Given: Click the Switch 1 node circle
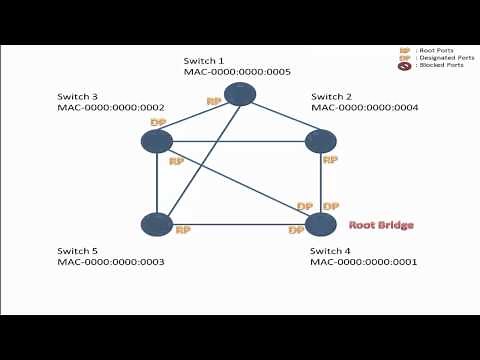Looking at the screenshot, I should coord(240,94).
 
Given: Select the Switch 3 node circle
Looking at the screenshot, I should coord(157,141).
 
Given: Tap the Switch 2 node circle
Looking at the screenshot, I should coord(320,141).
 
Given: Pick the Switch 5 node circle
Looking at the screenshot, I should coord(157,224).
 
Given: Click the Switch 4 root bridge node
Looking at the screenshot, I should coord(320,224).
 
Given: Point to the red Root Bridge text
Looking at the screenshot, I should coord(380,225).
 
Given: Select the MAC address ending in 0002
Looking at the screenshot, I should coord(111,107).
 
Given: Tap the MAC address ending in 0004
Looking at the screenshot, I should coord(364,107).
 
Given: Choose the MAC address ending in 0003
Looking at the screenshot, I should coord(111,262).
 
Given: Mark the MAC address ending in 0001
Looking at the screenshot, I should coord(364,262).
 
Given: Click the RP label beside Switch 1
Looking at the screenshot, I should coord(213,101).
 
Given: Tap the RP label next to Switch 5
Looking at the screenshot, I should coord(182,230).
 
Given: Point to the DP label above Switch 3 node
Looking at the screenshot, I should coord(157,122).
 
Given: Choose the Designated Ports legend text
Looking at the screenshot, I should coord(440,57).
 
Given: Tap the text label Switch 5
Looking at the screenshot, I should coord(78,250).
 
